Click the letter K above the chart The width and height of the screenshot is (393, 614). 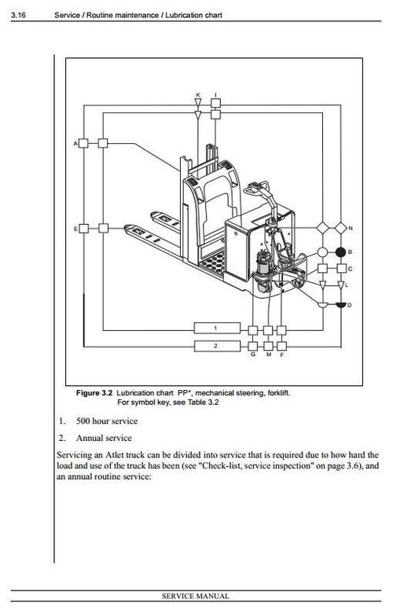[198, 95]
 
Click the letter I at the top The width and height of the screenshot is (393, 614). [216, 95]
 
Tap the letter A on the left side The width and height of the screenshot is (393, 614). [75, 144]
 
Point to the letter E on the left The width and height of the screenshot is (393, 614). [75, 229]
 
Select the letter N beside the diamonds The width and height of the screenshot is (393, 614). [351, 228]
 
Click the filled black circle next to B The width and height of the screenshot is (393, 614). [340, 252]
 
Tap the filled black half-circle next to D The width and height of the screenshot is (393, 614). [340, 303]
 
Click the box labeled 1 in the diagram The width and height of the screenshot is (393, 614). [216, 327]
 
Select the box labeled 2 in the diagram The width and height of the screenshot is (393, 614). [216, 345]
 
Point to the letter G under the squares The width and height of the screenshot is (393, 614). [252, 355]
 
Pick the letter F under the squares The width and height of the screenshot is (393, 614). [282, 355]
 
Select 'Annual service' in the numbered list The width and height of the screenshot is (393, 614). [104, 438]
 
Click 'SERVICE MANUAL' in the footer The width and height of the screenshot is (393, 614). [196, 597]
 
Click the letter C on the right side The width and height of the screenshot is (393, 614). [351, 269]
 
